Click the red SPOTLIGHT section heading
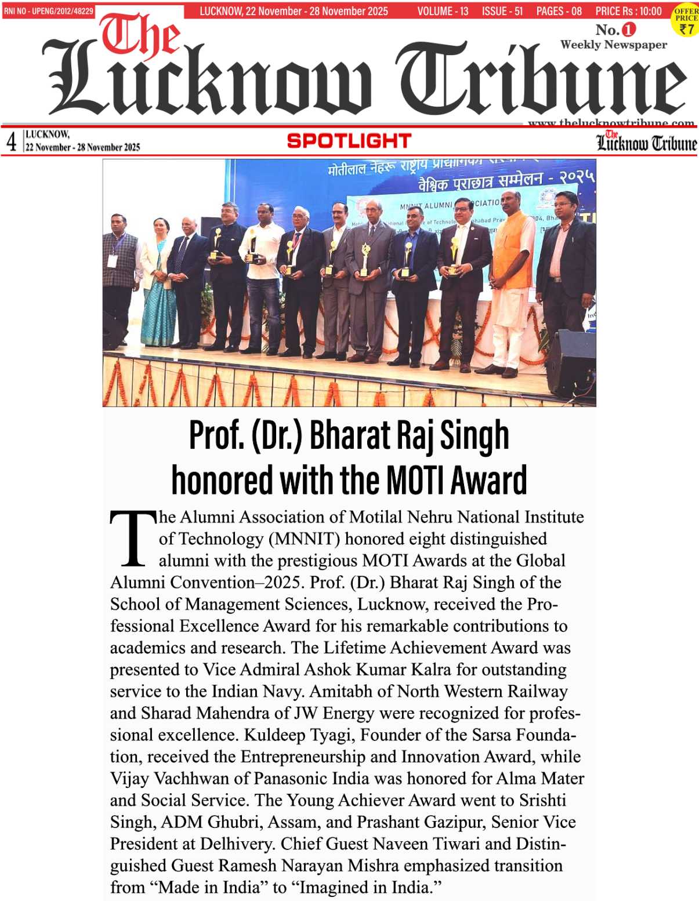click(x=349, y=141)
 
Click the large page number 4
click(x=11, y=141)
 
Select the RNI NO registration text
click(x=48, y=11)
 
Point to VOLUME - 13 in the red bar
click(x=443, y=11)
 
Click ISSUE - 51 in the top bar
click(x=502, y=11)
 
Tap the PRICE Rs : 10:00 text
click(x=628, y=11)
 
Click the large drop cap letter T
click(x=133, y=539)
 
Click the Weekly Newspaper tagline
click(x=613, y=45)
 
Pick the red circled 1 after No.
click(x=629, y=29)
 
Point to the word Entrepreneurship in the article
click(x=303, y=757)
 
